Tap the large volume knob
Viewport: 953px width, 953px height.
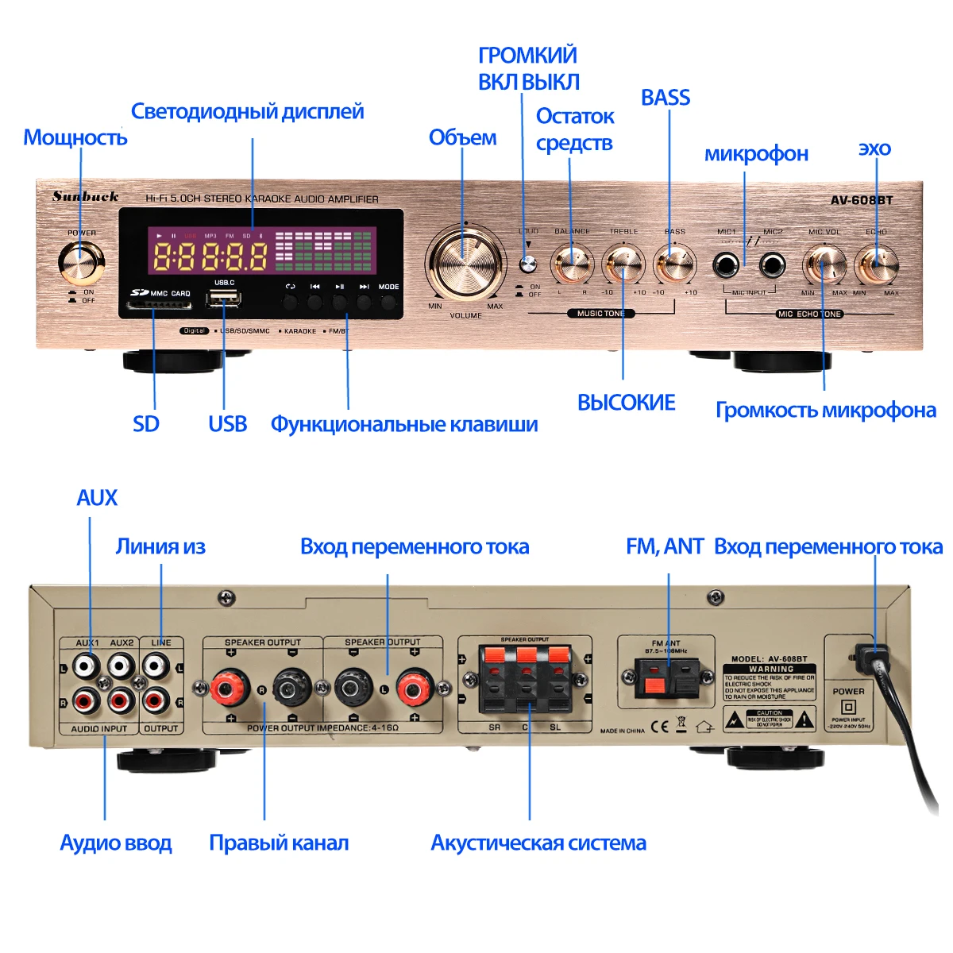click(465, 263)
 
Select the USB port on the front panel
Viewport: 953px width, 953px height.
click(224, 299)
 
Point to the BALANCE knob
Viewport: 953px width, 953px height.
click(572, 264)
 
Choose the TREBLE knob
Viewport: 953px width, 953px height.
click(623, 264)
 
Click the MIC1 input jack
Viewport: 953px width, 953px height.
click(725, 264)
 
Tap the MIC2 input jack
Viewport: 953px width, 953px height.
click(772, 264)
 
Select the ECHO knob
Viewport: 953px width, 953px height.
click(876, 264)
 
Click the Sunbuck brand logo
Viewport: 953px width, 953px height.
click(86, 196)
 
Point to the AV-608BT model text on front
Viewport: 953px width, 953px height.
click(862, 200)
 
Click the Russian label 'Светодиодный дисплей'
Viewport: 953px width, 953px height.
click(247, 111)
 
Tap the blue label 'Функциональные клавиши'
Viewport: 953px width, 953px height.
click(404, 424)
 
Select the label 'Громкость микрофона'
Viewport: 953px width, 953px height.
click(826, 410)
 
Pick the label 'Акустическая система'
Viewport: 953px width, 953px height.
click(538, 843)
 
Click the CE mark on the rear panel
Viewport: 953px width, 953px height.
click(660, 726)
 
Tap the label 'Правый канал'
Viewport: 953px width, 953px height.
click(279, 843)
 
